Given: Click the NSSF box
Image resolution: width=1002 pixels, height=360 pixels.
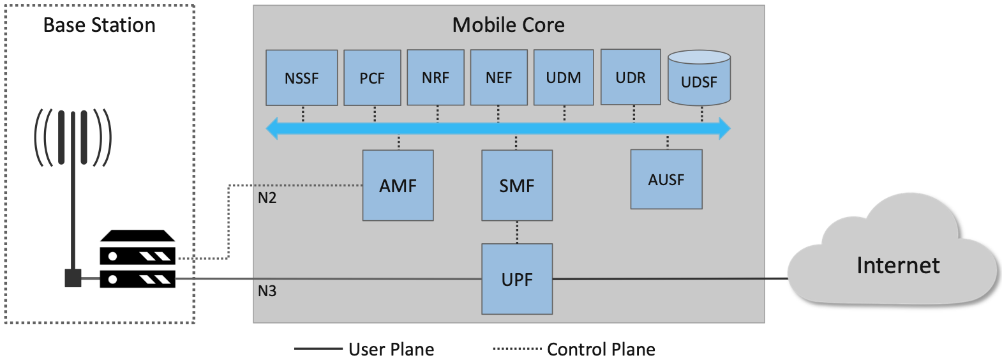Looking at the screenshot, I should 301,78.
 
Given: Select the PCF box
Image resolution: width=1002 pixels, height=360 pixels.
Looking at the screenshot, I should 372,78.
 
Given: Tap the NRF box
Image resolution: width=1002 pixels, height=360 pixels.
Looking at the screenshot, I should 435,77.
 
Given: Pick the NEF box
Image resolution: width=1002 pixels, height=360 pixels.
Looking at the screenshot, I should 498,77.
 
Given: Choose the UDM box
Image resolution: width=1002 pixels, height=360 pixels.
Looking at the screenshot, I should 564,77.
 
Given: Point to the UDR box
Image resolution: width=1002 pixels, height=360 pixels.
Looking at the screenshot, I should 631,77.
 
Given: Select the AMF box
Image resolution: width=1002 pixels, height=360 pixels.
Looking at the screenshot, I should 398,186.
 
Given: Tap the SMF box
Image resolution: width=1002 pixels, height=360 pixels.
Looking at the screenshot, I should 517,186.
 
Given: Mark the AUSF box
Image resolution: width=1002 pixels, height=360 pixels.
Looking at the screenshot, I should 666,179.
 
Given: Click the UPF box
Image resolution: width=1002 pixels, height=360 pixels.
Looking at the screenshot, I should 517,279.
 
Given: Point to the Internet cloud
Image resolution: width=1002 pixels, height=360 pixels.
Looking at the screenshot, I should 897,264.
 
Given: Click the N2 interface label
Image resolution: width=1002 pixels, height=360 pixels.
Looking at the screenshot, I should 267,198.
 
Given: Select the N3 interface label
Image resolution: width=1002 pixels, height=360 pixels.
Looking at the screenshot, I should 267,291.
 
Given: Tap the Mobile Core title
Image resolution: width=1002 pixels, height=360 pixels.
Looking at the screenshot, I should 508,25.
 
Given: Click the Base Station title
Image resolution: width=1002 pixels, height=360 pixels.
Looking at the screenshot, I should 99,25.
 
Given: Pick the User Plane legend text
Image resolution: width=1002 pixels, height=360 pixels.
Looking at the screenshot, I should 391,349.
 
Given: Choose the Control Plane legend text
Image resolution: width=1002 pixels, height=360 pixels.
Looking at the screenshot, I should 601,349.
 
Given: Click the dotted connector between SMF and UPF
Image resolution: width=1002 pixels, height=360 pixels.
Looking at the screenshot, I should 517,232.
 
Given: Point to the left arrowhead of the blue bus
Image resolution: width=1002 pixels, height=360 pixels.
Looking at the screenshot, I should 273,128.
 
